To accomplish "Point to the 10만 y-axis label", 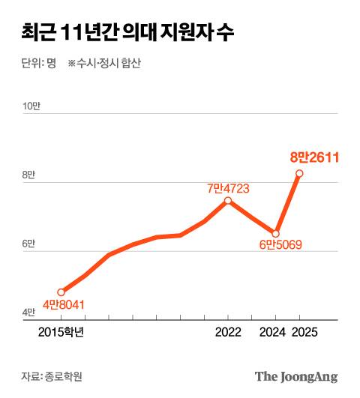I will click(x=31, y=106).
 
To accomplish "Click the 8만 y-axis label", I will click(x=28, y=175).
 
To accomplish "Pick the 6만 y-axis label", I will click(x=28, y=244).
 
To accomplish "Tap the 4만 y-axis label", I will click(x=28, y=313).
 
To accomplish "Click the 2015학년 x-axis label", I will click(x=61, y=332).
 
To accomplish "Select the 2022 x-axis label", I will click(x=228, y=332).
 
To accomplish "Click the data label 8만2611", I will click(x=316, y=157).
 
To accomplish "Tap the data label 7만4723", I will click(x=231, y=188).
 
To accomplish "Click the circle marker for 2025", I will click(x=299, y=173).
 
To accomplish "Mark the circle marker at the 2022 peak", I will click(x=228, y=201).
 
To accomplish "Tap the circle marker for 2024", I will click(x=275, y=233).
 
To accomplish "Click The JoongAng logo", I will click(x=295, y=376).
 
